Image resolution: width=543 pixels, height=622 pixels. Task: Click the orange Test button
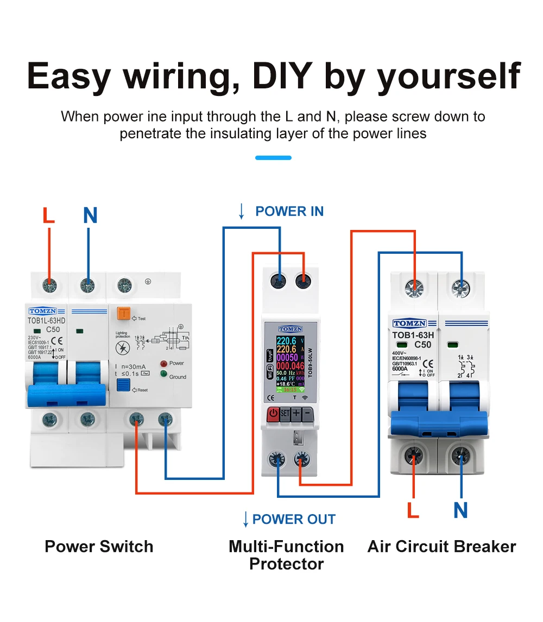123,314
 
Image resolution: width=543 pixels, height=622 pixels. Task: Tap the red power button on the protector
273,414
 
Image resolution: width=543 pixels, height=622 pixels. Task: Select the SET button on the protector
285,414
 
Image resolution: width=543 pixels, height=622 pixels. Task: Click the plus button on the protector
296,414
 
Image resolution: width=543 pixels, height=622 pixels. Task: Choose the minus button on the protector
307,414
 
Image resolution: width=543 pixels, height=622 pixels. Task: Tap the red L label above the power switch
49,216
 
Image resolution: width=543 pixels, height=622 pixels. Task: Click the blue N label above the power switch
90,216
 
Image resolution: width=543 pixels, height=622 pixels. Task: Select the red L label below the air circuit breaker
413,510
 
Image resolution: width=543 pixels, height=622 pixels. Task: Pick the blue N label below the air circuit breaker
460,510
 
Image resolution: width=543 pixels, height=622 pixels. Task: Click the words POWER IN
289,211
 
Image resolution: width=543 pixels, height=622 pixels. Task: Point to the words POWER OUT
294,519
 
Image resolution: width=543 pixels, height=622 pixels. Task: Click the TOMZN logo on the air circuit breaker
409,324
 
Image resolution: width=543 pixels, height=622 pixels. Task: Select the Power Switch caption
99,546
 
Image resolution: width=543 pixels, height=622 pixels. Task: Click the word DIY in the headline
282,77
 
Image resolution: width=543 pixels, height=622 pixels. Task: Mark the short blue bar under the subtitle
273,158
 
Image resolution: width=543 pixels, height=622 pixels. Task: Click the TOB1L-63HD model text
46,320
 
